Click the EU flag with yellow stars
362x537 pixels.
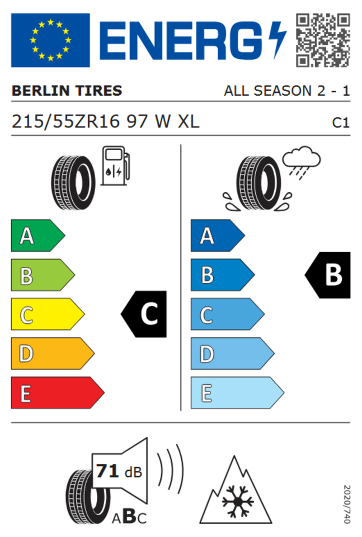50,40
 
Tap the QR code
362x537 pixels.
323,40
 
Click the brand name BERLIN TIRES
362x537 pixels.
67,91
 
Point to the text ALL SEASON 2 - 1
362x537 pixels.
286,91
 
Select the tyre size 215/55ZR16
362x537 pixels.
66,121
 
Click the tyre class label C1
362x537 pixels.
341,123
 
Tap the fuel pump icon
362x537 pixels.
115,166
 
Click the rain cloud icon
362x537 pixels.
301,162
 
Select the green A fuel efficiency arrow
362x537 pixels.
37,235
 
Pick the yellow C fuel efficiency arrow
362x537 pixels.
48,314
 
